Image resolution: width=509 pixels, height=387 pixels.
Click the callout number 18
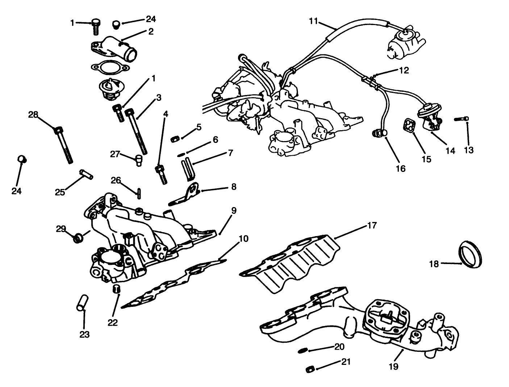434,264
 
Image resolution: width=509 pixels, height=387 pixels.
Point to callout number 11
313,21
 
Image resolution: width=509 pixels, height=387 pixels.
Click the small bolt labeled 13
461,119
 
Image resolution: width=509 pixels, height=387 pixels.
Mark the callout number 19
393,367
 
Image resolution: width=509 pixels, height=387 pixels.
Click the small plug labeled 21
310,370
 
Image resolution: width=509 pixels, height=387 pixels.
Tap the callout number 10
243,239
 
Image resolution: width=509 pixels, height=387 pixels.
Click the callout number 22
113,322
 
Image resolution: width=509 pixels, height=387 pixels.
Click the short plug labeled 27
138,160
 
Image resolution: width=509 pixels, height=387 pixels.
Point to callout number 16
401,168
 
